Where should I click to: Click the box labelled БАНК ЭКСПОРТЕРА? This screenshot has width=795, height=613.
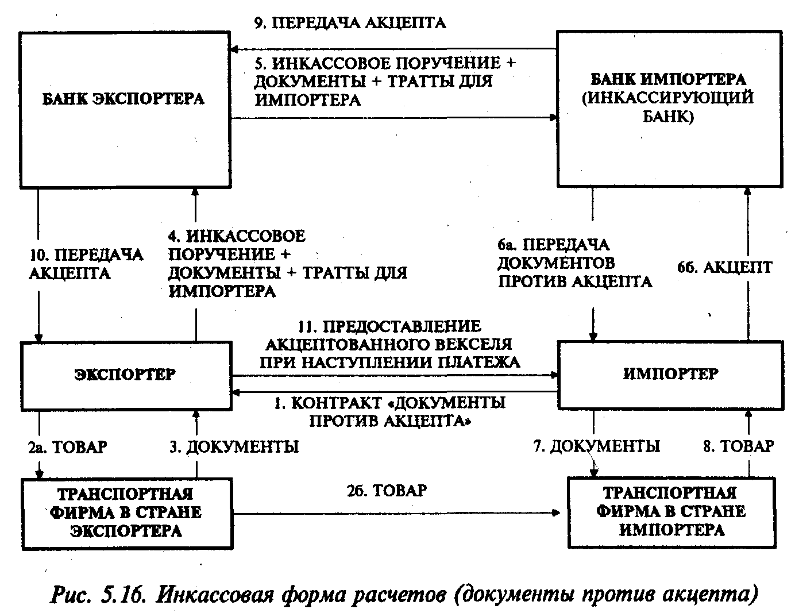click(x=125, y=99)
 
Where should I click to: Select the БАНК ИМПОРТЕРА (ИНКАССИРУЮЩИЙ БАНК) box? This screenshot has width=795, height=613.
click(x=669, y=99)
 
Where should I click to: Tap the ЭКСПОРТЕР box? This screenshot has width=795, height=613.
click(x=125, y=374)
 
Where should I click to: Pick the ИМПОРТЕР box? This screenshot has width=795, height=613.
click(x=670, y=374)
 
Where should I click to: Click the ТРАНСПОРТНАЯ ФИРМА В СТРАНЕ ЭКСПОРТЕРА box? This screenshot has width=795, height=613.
click(x=126, y=512)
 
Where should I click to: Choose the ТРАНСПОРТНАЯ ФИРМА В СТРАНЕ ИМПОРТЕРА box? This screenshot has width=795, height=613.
click(x=670, y=511)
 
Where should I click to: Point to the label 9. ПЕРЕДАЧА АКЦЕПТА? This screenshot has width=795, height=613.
click(x=350, y=22)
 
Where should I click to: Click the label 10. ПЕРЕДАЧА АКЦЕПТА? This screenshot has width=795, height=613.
click(x=86, y=264)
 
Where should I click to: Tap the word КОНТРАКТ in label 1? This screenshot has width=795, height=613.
click(x=335, y=403)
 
